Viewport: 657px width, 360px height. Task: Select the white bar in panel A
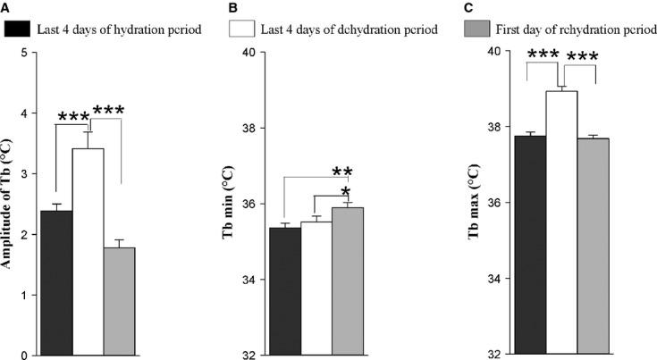click(88, 251)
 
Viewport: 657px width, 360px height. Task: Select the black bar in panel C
click(530, 245)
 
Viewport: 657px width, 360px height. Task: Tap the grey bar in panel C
click(593, 247)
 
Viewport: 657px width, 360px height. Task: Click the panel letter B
click(234, 9)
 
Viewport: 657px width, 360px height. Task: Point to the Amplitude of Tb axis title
click(8, 204)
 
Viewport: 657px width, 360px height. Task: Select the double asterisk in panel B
click(342, 171)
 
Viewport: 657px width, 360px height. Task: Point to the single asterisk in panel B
click(343, 190)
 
